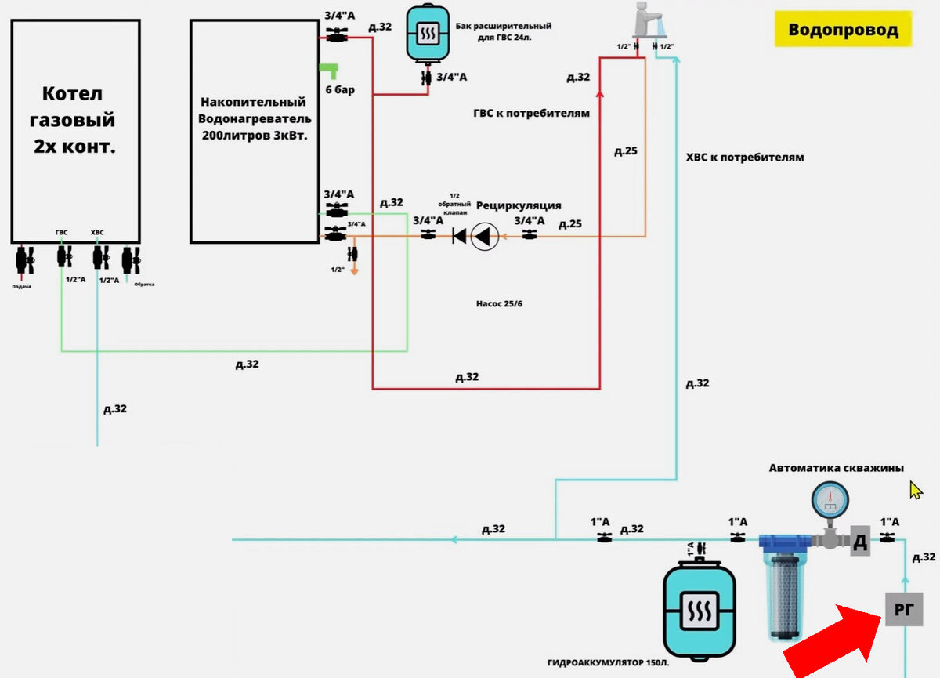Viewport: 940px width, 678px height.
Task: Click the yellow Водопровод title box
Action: pyautogui.click(x=843, y=31)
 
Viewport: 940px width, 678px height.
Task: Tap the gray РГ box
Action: pyautogui.click(x=904, y=609)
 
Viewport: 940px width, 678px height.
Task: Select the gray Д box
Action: pyautogui.click(x=859, y=542)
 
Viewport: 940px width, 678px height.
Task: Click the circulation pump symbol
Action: pyautogui.click(x=484, y=235)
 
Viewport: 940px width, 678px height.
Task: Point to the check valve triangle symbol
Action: pyautogui.click(x=459, y=235)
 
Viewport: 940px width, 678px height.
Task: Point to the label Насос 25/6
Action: pyautogui.click(x=499, y=303)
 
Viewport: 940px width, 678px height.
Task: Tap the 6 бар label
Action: pyautogui.click(x=340, y=89)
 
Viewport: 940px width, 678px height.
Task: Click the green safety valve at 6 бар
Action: pyautogui.click(x=327, y=70)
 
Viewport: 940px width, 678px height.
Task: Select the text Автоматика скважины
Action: pyautogui.click(x=836, y=468)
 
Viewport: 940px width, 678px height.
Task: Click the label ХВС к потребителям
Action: pyautogui.click(x=745, y=157)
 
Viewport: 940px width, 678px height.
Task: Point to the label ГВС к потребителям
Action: pyautogui.click(x=531, y=114)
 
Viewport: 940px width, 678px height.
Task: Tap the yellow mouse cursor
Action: pyautogui.click(x=916, y=490)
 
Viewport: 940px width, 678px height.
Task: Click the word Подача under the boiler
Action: pyautogui.click(x=21, y=287)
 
